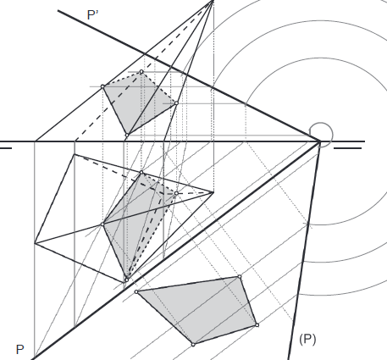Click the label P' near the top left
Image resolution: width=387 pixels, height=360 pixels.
pos(93,15)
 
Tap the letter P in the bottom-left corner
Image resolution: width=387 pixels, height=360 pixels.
pos(19,350)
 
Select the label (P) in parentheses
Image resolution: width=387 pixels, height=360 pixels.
pos(307,339)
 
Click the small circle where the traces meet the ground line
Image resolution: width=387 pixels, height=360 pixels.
pos(322,135)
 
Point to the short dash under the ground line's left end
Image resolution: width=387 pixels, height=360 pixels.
pos(6,148)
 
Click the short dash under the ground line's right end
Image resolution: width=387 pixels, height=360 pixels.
pos(347,148)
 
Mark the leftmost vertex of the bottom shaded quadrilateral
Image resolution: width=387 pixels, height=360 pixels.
pos(136,291)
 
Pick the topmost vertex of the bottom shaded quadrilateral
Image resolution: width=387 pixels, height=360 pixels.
pos(240,277)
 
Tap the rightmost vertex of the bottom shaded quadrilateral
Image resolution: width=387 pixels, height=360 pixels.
pos(257,325)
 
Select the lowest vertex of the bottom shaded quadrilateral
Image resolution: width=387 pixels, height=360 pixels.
pos(193,345)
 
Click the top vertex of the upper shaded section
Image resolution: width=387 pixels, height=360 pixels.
pos(141,72)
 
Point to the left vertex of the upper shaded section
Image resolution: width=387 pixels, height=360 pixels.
pos(102,86)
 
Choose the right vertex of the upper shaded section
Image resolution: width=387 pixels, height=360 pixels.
pos(176,103)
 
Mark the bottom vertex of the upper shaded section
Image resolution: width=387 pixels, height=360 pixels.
pos(127,136)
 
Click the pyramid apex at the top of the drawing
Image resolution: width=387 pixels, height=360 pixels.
pos(213,1)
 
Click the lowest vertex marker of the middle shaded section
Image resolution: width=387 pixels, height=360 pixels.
pos(126,280)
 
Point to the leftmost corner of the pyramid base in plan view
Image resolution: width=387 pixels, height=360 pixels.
pos(35,242)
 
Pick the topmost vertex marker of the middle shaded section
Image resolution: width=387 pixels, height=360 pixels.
pos(141,172)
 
